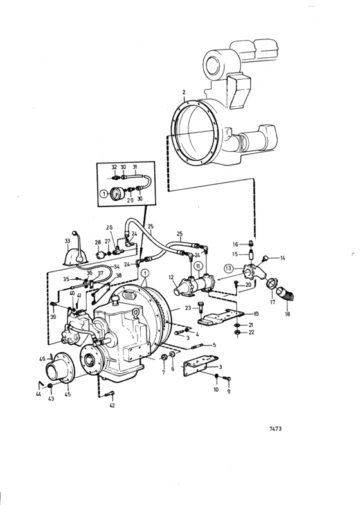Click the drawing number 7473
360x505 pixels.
[275, 428]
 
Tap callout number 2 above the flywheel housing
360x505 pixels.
[184, 92]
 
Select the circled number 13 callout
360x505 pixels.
[228, 268]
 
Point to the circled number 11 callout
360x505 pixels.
[199, 266]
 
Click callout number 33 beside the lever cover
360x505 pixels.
[67, 241]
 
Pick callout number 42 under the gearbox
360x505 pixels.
[112, 405]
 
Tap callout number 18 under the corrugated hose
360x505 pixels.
[287, 314]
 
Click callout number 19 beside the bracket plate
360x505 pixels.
[256, 314]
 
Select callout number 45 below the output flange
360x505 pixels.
[67, 394]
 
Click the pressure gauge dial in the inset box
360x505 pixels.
[115, 194]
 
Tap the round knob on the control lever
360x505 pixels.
[75, 233]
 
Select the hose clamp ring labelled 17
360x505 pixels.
[272, 284]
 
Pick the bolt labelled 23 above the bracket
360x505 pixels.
[201, 307]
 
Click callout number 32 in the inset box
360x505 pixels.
[114, 167]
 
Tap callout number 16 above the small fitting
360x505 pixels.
[235, 244]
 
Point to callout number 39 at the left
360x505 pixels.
[53, 317]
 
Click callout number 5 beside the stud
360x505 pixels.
[214, 345]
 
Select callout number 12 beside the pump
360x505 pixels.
[171, 277]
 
